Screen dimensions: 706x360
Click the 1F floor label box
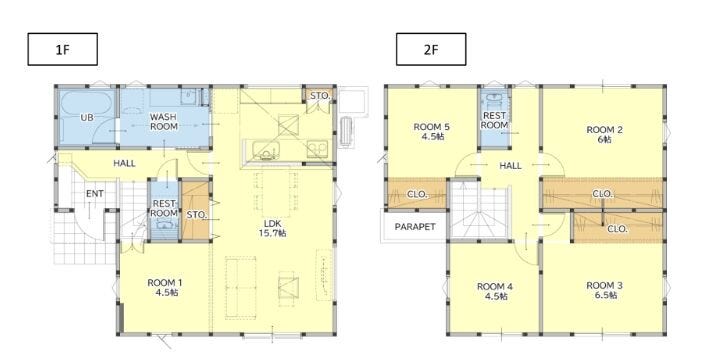tap(63, 49)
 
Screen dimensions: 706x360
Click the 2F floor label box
tap(431, 49)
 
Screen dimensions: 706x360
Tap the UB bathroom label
tap(87, 117)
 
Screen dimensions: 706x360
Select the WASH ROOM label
tap(163, 122)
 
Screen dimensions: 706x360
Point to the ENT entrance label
tap(95, 194)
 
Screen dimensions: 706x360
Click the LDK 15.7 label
tap(276, 228)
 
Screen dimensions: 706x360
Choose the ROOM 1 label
tap(165, 288)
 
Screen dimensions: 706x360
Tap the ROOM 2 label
tap(604, 135)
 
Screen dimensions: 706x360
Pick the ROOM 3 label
tap(604, 290)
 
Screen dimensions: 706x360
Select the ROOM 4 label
tap(495, 291)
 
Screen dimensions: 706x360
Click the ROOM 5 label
tap(431, 131)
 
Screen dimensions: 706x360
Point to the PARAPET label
tap(415, 226)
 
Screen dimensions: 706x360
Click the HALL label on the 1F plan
tap(124, 163)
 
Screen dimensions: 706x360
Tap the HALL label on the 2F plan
tap(511, 166)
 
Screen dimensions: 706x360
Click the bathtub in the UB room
tap(87, 103)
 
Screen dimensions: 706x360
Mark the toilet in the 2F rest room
tap(494, 99)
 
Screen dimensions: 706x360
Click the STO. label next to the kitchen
tap(320, 96)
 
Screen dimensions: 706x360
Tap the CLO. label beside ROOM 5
tap(417, 194)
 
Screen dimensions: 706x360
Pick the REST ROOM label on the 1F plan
tap(163, 208)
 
